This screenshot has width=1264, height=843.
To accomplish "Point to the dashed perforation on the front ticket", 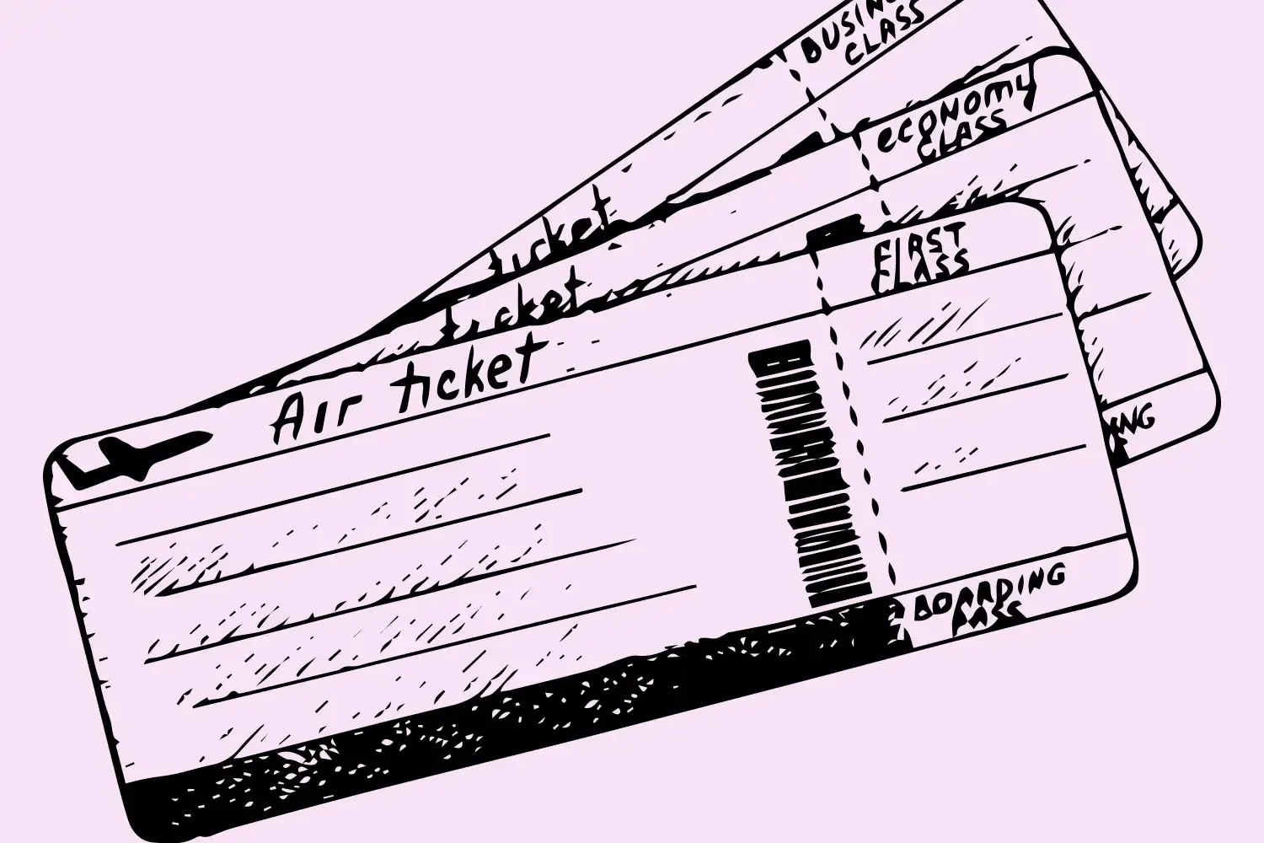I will click(x=860, y=421).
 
